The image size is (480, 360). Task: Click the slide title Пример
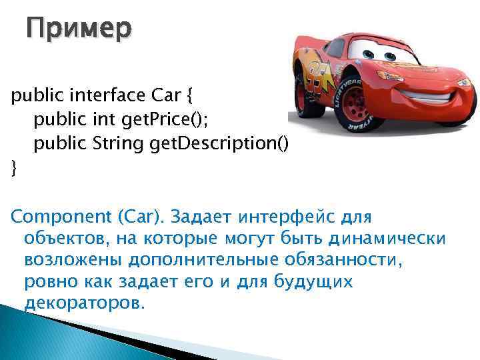click(79, 29)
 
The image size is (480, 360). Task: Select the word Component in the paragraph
click(53, 217)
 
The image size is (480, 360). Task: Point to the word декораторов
click(83, 303)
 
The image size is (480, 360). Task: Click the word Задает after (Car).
click(199, 217)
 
